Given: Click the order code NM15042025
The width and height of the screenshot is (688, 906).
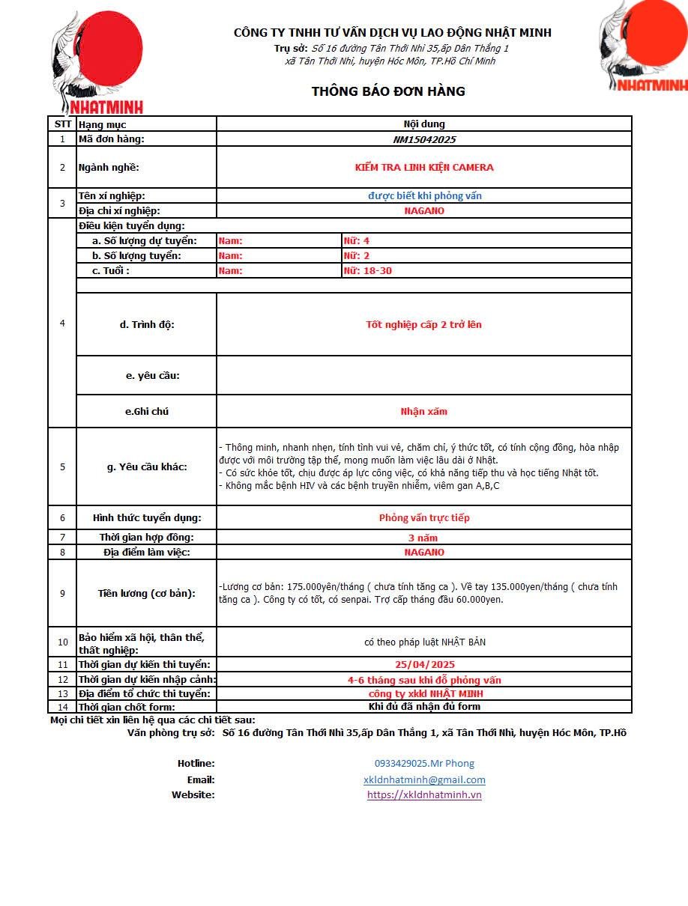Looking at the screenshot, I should click(x=424, y=139).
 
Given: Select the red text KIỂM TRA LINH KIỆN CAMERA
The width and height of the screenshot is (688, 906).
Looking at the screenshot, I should click(x=424, y=168).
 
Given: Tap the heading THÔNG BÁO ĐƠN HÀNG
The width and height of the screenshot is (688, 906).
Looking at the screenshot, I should click(x=388, y=91).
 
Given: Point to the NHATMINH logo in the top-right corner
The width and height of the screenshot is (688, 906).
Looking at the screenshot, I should click(x=643, y=46).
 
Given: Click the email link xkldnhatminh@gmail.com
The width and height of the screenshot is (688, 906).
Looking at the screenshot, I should click(x=424, y=779).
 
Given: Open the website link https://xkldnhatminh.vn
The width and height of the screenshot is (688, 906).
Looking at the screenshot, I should click(x=424, y=794).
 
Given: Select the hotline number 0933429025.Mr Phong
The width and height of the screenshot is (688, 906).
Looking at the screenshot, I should click(x=424, y=764).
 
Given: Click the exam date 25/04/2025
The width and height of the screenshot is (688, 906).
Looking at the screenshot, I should click(x=424, y=665).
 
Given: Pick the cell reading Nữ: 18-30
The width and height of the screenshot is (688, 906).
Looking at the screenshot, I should click(x=368, y=271).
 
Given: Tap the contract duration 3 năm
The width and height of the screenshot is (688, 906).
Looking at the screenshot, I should click(x=423, y=538).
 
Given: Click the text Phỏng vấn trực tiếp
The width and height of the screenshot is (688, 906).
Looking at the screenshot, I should click(x=424, y=518).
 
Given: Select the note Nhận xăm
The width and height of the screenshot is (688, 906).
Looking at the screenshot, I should click(x=424, y=412).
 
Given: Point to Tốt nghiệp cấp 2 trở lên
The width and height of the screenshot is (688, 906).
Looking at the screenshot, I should click(x=424, y=325).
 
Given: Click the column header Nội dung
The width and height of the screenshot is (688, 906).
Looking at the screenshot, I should click(x=424, y=124).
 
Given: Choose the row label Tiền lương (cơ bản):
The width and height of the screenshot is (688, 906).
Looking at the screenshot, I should click(x=147, y=594).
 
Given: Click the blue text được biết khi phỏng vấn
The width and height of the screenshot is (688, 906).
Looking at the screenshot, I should click(x=424, y=196).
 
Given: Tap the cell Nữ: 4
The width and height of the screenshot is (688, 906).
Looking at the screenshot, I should click(x=357, y=241).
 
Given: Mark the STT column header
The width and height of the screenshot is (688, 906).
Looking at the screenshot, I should click(x=63, y=124).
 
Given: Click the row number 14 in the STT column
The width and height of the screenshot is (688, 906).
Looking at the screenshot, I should click(x=63, y=707).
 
